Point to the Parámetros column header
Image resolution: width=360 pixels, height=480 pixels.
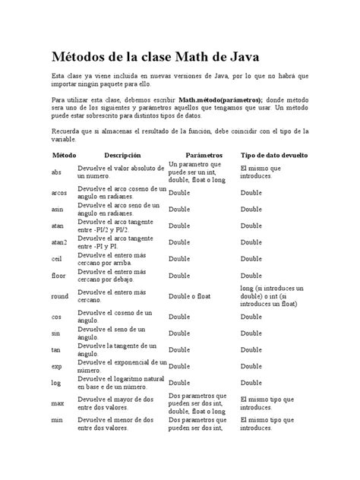tap(198, 154)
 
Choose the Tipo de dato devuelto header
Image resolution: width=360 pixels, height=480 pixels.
tap(273, 154)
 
